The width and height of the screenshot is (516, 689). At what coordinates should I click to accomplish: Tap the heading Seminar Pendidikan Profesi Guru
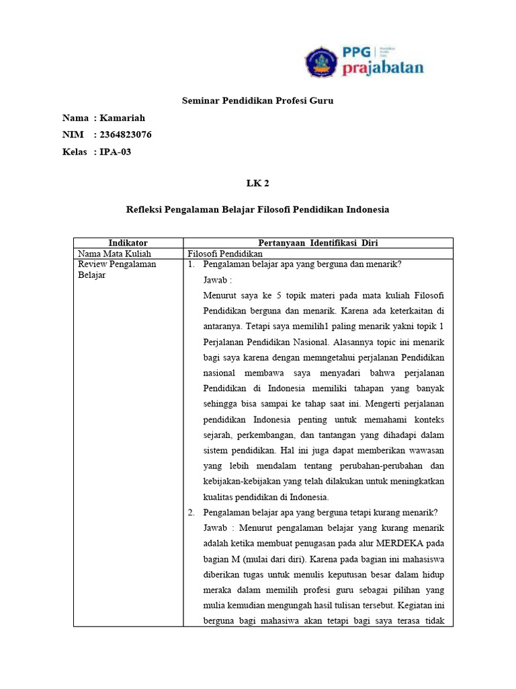click(258, 101)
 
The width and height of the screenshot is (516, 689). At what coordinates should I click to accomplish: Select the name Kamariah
click(122, 118)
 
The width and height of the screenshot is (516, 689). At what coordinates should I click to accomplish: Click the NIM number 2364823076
click(126, 135)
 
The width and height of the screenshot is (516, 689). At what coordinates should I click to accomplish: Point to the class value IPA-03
click(116, 151)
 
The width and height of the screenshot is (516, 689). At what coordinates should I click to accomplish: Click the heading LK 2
click(258, 182)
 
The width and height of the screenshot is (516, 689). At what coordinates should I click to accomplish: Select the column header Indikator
click(128, 243)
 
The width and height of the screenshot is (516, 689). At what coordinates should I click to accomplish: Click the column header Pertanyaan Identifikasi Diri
click(318, 243)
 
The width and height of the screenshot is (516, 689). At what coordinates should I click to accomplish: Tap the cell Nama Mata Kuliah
click(114, 254)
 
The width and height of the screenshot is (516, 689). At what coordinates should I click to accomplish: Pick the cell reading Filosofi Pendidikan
click(225, 254)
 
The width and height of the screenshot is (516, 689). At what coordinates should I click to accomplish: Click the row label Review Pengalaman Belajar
click(117, 270)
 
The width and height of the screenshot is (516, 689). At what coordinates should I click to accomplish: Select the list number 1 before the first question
click(191, 264)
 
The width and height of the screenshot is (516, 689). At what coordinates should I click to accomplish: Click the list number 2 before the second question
click(191, 512)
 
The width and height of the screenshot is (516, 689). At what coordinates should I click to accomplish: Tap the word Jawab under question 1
click(215, 280)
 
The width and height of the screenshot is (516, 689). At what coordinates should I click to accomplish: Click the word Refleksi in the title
click(144, 210)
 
